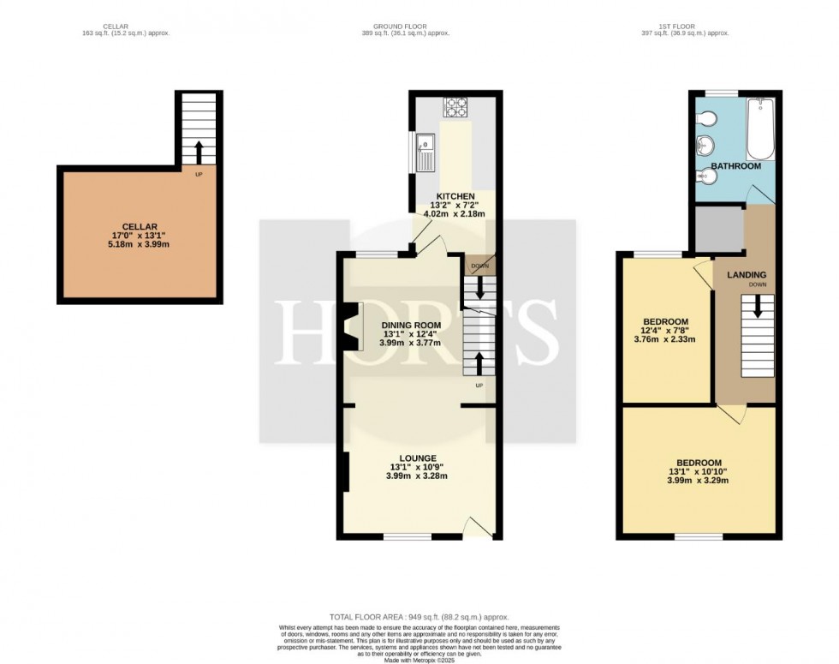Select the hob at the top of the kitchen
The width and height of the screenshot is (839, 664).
point(454,108)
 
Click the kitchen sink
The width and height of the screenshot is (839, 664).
point(425,153)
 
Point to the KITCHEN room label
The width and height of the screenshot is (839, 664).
point(455,196)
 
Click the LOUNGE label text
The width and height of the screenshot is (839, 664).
point(419,458)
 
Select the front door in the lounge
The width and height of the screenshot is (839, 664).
point(476,526)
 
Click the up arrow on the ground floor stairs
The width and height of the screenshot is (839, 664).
point(479,363)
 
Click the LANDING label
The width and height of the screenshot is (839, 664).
point(747,274)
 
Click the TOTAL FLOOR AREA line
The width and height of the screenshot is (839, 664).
point(419,617)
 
